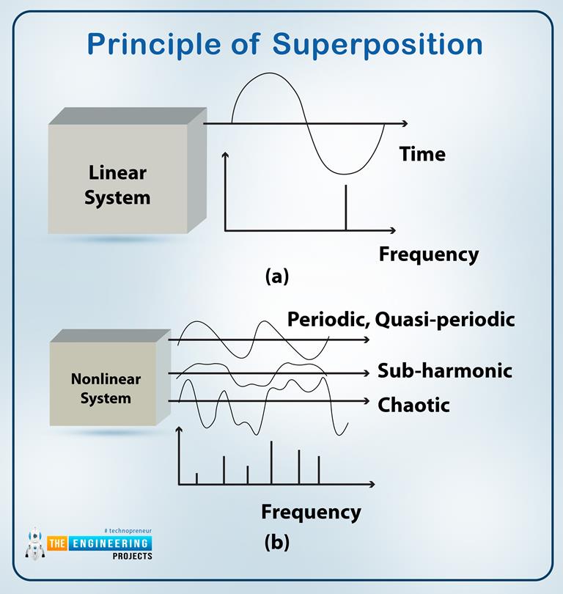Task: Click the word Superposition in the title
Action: point(378,44)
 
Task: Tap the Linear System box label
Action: point(117,186)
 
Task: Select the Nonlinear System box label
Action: point(106,389)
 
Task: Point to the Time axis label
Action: point(422,154)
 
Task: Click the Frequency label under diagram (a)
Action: point(428,254)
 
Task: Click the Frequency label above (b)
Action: point(311,511)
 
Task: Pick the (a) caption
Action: point(277,276)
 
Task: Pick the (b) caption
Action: point(277,543)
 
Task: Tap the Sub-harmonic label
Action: point(444,370)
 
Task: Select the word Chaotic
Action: point(413,405)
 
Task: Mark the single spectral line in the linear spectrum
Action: point(345,209)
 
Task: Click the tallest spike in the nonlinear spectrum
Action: point(272,462)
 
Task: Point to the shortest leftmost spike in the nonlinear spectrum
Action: point(196,478)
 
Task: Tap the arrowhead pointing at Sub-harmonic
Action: point(366,373)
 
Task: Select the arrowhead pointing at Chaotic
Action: point(366,401)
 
